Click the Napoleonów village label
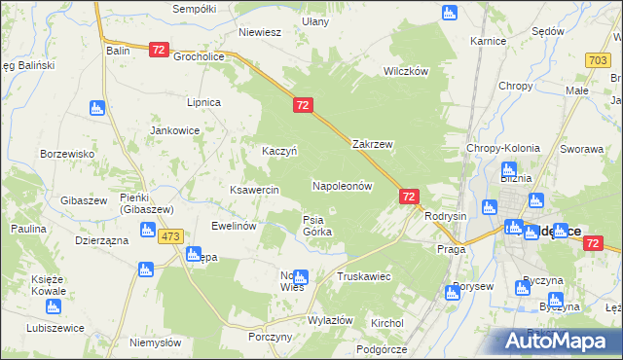342,185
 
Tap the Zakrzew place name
372,144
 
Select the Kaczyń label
279,151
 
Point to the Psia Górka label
317,226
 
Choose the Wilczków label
406,72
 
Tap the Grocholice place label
200,56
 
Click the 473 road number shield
172,236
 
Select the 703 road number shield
599,60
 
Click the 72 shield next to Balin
160,49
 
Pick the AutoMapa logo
553,341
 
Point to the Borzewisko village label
67,154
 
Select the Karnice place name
488,42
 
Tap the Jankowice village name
174,129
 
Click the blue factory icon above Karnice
449,14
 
